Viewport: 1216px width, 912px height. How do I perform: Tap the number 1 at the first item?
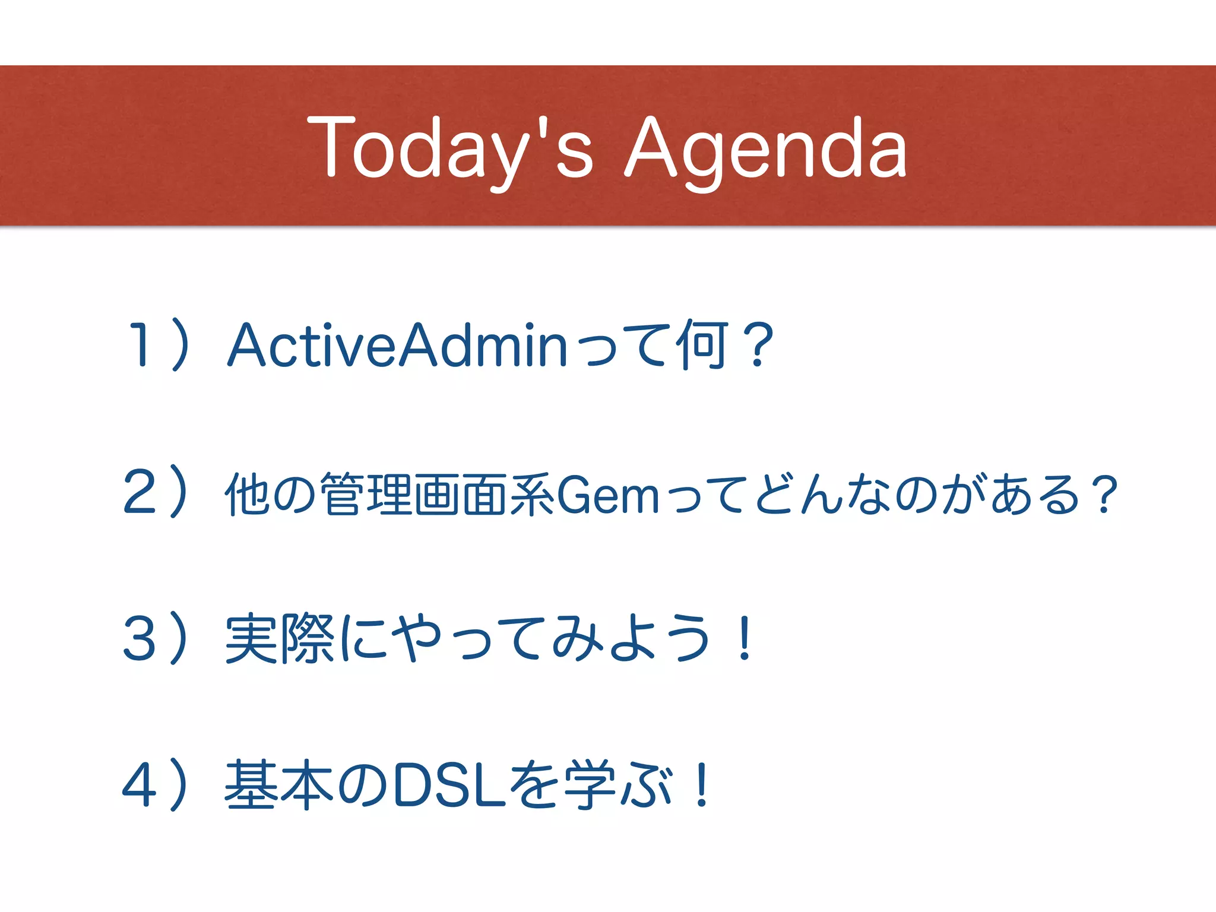coord(140,344)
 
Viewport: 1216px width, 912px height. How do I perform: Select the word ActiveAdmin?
coord(397,344)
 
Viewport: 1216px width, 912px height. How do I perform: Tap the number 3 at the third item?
coord(140,639)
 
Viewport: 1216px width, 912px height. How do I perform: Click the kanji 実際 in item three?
coord(280,639)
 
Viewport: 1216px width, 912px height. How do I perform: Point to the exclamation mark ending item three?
coord(744,639)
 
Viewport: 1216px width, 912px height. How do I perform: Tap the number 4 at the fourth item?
coord(140,785)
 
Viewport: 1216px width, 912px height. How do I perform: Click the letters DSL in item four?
coord(450,785)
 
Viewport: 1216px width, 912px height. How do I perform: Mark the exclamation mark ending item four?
coord(702,785)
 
